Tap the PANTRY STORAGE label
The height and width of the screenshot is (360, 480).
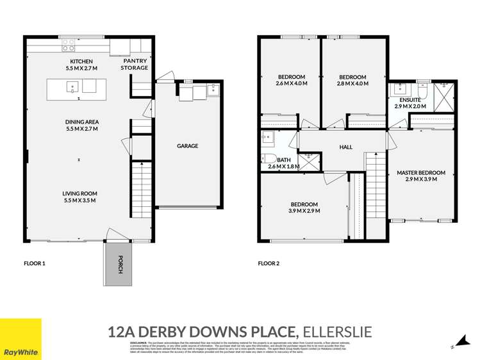135,64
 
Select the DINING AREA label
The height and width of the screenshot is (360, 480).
81,121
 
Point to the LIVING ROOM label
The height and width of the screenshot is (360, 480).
81,193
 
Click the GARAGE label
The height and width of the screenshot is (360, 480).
188,146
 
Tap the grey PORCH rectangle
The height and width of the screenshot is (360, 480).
116,264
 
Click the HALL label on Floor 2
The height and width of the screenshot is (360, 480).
346,147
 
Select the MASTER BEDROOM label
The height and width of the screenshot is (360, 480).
421,173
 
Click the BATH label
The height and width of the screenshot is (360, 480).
284,160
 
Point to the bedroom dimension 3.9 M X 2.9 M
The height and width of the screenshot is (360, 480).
304,211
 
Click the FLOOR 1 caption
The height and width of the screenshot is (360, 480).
35,263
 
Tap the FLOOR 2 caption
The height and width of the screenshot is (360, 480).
269,263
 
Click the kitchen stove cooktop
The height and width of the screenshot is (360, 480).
68,45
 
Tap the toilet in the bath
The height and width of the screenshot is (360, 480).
269,159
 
